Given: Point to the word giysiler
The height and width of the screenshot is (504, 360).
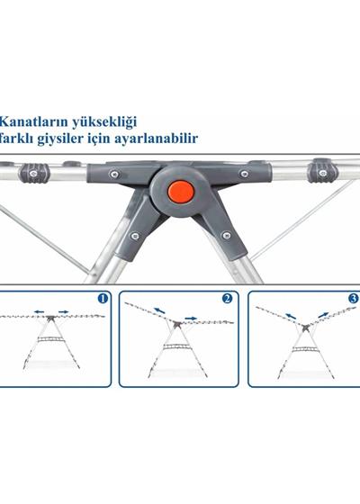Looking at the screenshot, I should click(78, 139).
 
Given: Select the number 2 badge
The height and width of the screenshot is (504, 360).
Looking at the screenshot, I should click(227, 298).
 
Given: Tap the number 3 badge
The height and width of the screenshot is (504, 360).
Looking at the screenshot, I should click(353, 298).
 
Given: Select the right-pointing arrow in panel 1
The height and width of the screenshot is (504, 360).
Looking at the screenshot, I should click(64, 313).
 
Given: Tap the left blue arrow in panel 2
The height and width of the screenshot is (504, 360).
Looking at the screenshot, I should click(159, 311).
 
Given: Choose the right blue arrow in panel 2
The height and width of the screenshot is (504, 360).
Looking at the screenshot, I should click(193, 317).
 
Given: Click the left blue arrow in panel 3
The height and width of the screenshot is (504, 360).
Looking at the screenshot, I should click(290, 316).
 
